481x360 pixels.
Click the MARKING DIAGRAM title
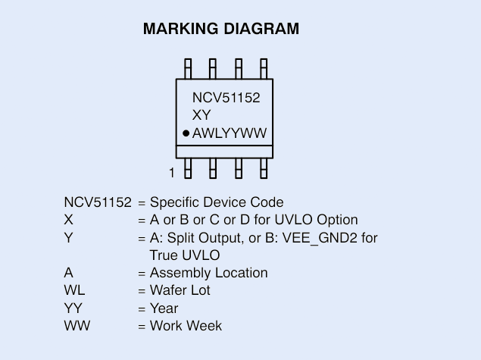pyautogui.click(x=221, y=30)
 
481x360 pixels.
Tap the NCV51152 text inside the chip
pyautogui.click(x=231, y=98)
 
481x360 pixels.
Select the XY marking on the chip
pyautogui.click(x=201, y=116)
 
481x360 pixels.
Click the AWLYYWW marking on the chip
pyautogui.click(x=230, y=134)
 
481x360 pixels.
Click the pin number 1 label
pyautogui.click(x=172, y=173)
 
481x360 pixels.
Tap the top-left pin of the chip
pyautogui.click(x=188, y=67)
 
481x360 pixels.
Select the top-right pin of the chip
pyautogui.click(x=263, y=67)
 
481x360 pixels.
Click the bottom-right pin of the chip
pyautogui.click(x=263, y=167)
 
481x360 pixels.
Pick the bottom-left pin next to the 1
pyautogui.click(x=188, y=167)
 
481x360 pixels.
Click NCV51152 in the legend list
pyautogui.click(x=98, y=202)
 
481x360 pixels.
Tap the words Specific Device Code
pyautogui.click(x=217, y=202)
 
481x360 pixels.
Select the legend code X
pyautogui.click(x=69, y=221)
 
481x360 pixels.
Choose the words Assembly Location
pyautogui.click(x=208, y=273)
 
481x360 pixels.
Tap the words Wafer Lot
pyautogui.click(x=180, y=290)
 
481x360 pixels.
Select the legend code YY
pyautogui.click(x=73, y=308)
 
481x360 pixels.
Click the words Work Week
pyautogui.click(x=186, y=326)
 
